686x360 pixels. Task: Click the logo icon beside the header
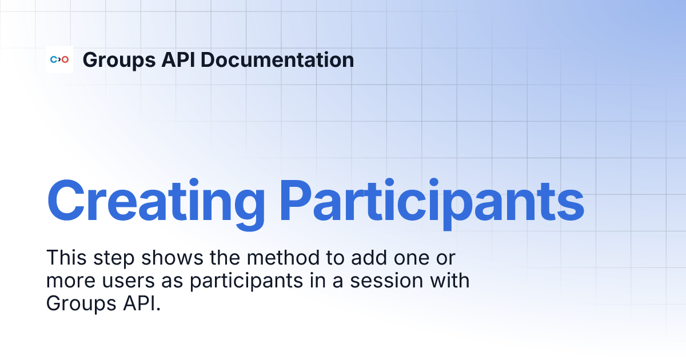59,59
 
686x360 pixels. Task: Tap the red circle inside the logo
65,59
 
